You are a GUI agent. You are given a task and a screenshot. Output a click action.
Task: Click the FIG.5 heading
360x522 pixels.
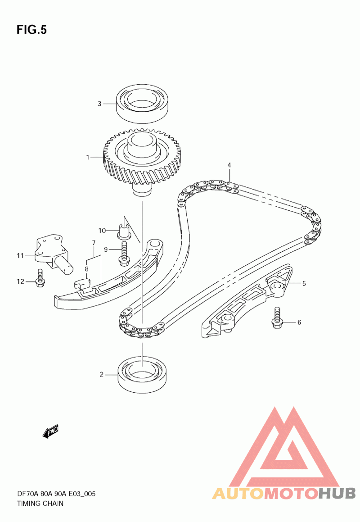pyautogui.click(x=31, y=30)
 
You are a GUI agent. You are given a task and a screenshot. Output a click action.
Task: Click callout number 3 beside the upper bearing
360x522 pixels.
pyautogui.click(x=100, y=104)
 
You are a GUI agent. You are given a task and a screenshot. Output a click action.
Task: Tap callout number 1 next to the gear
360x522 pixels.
pyautogui.click(x=89, y=157)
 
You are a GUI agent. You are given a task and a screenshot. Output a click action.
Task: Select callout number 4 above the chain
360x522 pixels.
pyautogui.click(x=229, y=165)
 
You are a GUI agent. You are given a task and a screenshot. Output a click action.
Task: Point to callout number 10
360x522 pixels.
pyautogui.click(x=102, y=231)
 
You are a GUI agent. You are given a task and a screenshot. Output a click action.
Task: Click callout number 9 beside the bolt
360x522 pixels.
pyautogui.click(x=106, y=249)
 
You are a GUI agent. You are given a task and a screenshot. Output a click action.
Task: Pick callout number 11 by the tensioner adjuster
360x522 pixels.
pyautogui.click(x=20, y=256)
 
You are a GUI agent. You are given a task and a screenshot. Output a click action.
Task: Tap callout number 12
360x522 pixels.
pyautogui.click(x=20, y=282)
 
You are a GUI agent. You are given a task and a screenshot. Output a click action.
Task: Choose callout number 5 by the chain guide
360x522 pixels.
pyautogui.click(x=304, y=283)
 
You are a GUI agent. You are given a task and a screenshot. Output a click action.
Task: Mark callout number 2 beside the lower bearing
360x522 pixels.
pyautogui.click(x=102, y=374)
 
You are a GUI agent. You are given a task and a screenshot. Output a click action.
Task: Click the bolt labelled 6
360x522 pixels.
pyautogui.click(x=276, y=318)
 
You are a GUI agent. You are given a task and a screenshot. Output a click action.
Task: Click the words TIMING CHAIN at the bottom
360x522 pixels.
pyautogui.click(x=40, y=503)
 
